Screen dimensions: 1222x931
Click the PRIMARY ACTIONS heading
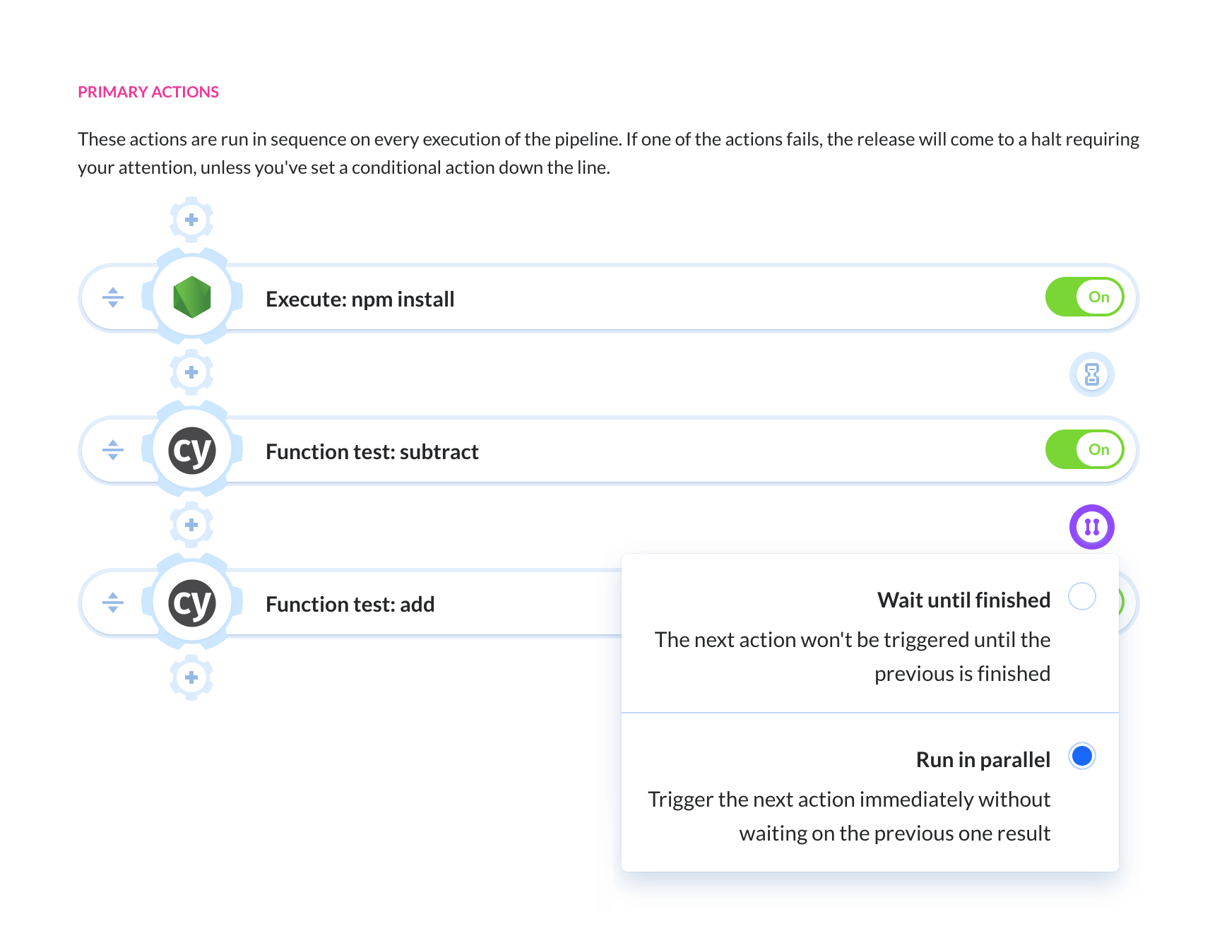[148, 92]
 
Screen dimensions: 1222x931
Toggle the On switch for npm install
[1084, 297]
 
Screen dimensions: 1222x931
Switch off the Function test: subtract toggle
[1084, 450]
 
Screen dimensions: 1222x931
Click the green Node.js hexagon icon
[192, 297]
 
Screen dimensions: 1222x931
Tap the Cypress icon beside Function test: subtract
[192, 450]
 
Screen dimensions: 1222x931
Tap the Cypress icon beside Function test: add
[192, 603]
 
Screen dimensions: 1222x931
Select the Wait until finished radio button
[1082, 596]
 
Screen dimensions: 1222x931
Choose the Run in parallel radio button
[1082, 756]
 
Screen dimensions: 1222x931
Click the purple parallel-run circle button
[1092, 527]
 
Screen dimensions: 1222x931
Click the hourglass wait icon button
[1092, 374]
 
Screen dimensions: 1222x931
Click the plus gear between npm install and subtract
[191, 372]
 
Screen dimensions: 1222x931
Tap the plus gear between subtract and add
[191, 525]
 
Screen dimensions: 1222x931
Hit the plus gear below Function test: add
[191, 677]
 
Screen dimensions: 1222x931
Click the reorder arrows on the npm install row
[113, 297]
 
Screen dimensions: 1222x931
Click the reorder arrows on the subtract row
[113, 450]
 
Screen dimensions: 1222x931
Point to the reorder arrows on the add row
[113, 603]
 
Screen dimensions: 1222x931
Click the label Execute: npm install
[360, 300]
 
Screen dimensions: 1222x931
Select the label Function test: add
[350, 605]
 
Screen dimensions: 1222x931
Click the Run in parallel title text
[983, 759]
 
